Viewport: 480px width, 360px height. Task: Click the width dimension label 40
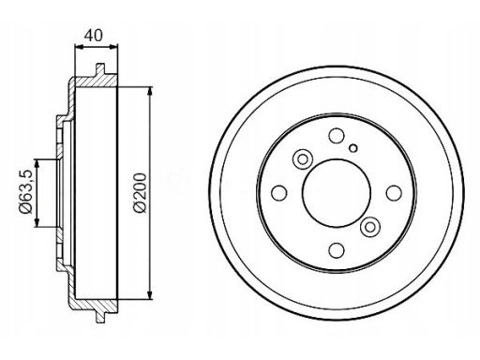pos(93,36)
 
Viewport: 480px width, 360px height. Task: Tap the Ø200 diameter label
pos(140,193)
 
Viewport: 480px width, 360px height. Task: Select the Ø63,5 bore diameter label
pos(25,191)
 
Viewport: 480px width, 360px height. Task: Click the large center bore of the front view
pos(337,193)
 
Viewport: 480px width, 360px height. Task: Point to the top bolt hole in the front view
pos(337,135)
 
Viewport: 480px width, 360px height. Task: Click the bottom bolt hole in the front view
pos(337,250)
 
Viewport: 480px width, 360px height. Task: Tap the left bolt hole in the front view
pos(279,193)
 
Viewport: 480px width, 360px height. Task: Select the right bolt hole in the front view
pos(394,193)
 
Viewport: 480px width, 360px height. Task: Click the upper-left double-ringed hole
pos(303,159)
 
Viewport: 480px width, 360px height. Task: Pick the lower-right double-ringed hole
pos(370,227)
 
